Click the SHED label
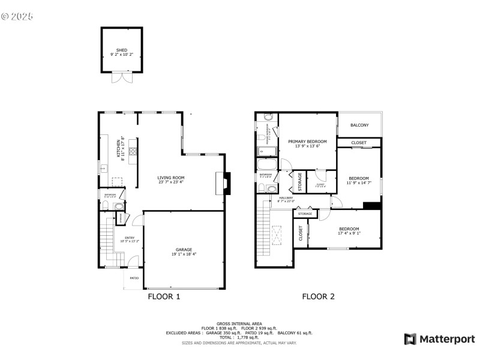click(x=122, y=50)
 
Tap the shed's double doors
click(x=122, y=77)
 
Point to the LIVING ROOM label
click(x=171, y=178)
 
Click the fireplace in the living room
click(x=223, y=184)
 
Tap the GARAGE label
click(x=184, y=250)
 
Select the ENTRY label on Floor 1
click(x=130, y=238)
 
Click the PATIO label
click(x=134, y=278)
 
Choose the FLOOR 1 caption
click(x=164, y=296)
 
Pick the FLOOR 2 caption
click(x=318, y=296)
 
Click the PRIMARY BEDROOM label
click(x=307, y=142)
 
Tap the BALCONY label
click(x=359, y=125)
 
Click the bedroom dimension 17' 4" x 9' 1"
click(x=349, y=233)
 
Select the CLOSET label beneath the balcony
click(x=359, y=143)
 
